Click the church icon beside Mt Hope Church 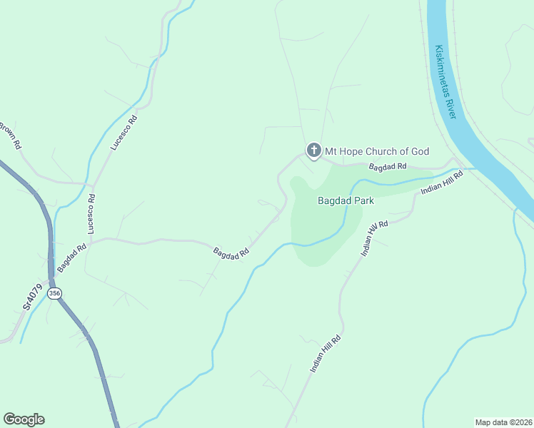[313, 151]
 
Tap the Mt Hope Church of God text [377, 151]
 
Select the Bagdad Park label [346, 201]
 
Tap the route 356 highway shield [55, 293]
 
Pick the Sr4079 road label [33, 297]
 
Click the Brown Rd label [10, 136]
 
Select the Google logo [24, 419]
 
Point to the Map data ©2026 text [503, 422]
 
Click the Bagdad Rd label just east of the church [387, 166]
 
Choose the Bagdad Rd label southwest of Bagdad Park [231, 253]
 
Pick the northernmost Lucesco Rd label [123, 132]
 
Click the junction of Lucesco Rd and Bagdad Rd [93, 240]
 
